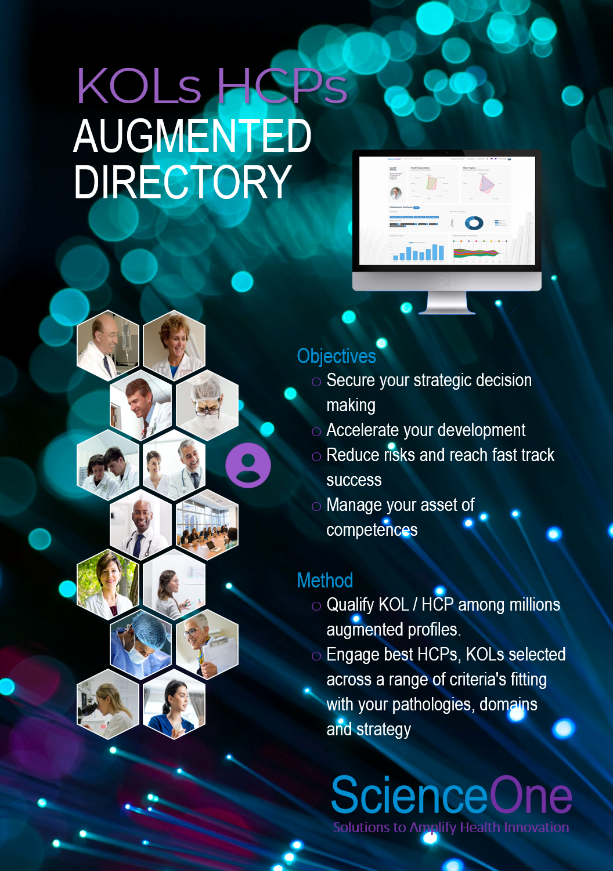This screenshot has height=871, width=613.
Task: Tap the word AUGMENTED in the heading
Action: [192, 136]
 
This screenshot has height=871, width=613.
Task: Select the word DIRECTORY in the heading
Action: [182, 182]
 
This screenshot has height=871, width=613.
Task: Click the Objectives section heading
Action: [336, 356]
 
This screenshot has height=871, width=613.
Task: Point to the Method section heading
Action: [324, 580]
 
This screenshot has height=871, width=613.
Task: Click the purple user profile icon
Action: [248, 465]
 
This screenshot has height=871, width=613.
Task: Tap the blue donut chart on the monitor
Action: [474, 223]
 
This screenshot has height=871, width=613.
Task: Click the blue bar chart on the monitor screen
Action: [418, 252]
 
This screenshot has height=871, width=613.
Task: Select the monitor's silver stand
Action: [446, 302]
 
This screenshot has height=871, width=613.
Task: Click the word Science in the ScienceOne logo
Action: [409, 796]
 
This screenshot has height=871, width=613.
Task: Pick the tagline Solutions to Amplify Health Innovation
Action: [450, 828]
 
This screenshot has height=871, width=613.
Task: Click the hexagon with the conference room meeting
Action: [207, 525]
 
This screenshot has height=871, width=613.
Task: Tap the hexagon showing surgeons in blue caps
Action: [140, 644]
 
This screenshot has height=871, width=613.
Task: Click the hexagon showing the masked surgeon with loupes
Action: [207, 404]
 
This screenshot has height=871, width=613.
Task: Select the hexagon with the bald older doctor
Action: [108, 345]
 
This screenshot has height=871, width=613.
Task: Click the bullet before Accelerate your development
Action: [316, 431]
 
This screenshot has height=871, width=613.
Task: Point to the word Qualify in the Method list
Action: [350, 605]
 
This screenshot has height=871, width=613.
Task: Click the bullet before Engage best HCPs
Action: [316, 656]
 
